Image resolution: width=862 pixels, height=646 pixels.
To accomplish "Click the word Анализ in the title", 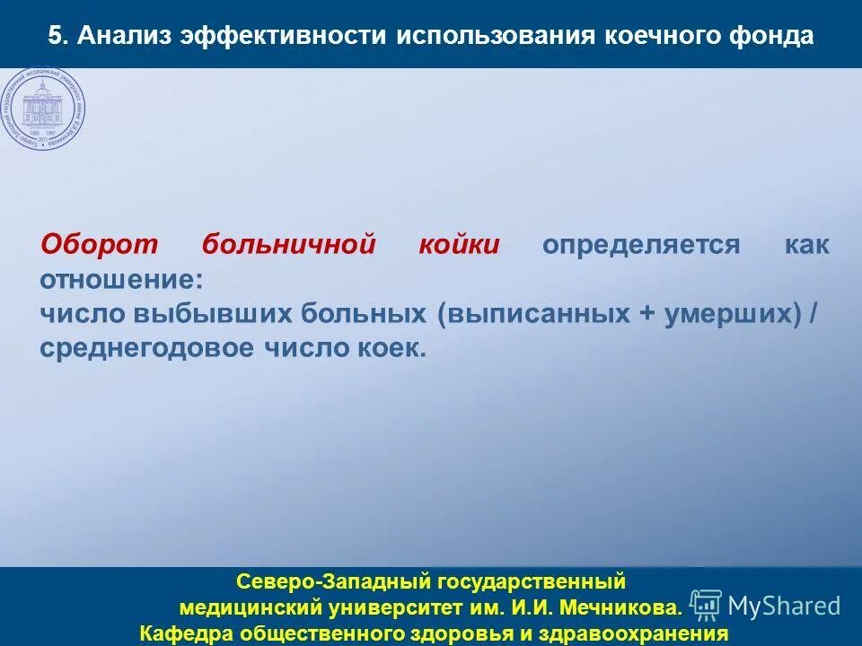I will tap(123, 36).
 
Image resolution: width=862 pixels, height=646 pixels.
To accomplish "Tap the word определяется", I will tap(641, 245).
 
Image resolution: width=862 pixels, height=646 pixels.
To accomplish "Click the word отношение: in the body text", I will tap(121, 279).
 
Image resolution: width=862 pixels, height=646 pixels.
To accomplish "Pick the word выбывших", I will tap(215, 314).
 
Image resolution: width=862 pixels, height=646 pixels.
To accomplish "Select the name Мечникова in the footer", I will tap(622, 608).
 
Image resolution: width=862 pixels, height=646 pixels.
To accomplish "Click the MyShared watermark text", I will tap(784, 607).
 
